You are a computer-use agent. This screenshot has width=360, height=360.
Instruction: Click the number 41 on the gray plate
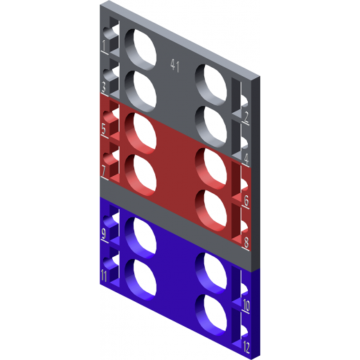coord(174,65)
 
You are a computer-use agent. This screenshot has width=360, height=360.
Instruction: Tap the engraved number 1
coord(104,46)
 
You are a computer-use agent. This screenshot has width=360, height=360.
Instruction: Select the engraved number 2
coord(246,117)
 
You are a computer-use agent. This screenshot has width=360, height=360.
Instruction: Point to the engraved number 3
coord(104,87)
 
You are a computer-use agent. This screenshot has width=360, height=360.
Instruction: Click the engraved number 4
coord(246,159)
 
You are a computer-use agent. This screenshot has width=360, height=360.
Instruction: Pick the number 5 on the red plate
coord(104,129)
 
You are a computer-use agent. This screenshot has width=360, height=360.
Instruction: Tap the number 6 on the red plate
coord(246,201)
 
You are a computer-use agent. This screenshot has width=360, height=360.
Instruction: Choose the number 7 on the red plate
coord(104,171)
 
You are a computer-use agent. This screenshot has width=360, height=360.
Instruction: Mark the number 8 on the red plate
coord(246,242)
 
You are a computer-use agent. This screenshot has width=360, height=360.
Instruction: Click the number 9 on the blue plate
coord(104,233)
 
